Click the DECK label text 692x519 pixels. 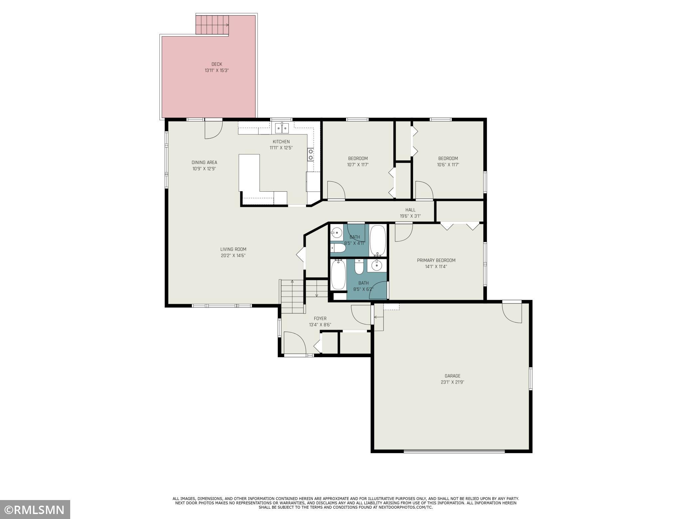[x=217, y=64]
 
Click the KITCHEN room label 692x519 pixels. [x=281, y=142]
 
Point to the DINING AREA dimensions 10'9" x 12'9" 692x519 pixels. [x=204, y=169]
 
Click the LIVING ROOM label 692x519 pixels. [x=233, y=249]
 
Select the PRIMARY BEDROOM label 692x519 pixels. [x=436, y=260]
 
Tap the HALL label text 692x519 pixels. [x=410, y=210]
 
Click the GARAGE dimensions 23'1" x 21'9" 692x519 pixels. [x=452, y=382]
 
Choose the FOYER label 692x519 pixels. [x=320, y=318]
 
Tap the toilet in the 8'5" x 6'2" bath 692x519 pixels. [x=359, y=267]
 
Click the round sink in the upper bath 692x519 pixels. [x=337, y=232]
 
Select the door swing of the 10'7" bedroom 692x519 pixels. [x=336, y=190]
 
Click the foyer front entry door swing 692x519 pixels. [x=294, y=344]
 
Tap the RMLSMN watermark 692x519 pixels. [x=35, y=509]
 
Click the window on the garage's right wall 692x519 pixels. [x=530, y=379]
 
